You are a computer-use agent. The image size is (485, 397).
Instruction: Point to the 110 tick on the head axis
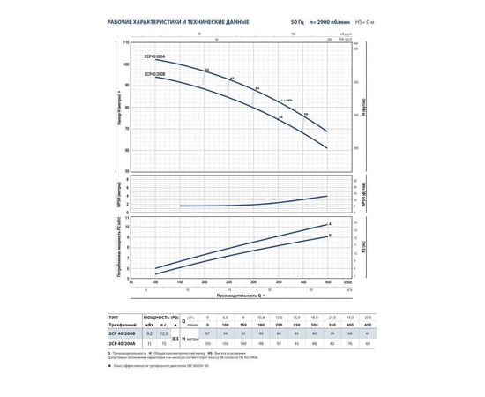click(x=127, y=42)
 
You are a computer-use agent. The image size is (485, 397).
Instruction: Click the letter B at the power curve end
click(x=330, y=236)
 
